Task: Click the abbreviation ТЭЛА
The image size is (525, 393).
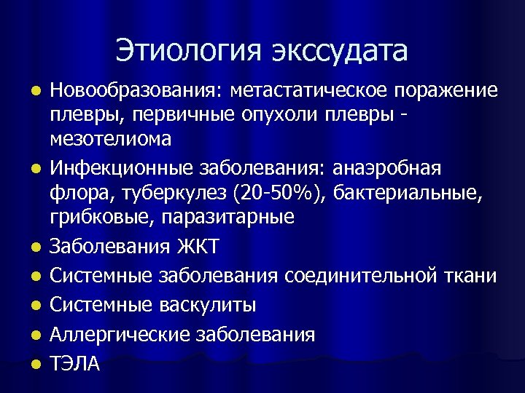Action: point(74,362)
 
